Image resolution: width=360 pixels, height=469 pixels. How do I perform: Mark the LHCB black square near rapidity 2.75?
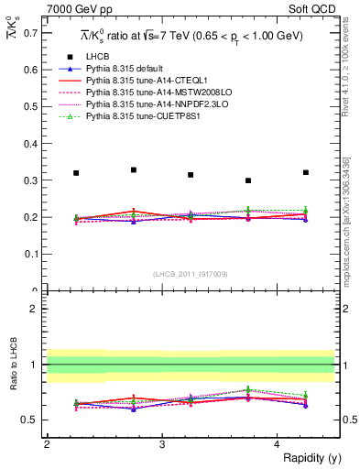134,169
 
